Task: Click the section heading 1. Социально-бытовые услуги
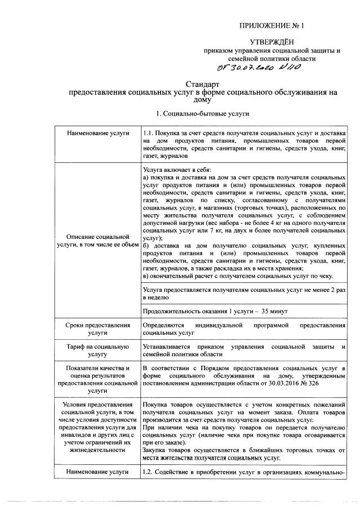202,113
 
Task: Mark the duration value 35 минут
275,311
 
